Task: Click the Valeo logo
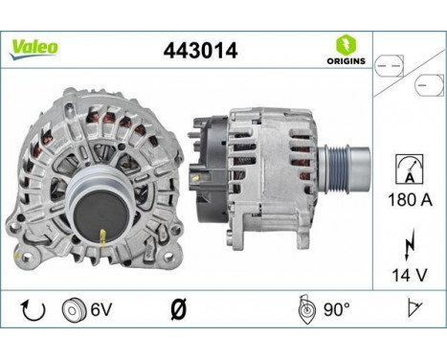(x=34, y=46)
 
